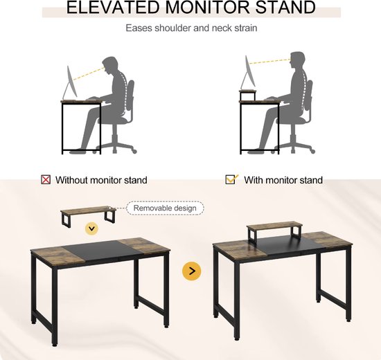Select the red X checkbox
[46, 180]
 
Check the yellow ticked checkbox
[231, 179]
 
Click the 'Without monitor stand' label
[101, 180]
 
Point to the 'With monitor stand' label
[283, 180]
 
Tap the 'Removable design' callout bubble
[165, 208]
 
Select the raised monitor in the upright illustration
[248, 73]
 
